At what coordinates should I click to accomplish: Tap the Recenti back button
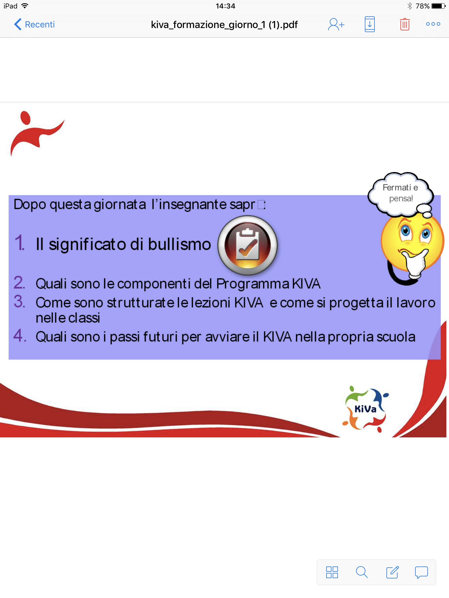tap(34, 24)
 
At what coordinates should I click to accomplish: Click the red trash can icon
tap(405, 25)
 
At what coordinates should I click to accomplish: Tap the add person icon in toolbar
tap(336, 25)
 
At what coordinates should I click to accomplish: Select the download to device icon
tap(369, 24)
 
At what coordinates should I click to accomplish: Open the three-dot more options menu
tap(433, 24)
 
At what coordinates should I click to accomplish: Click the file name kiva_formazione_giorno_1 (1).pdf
tap(224, 25)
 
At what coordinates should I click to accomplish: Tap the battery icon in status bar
tap(438, 6)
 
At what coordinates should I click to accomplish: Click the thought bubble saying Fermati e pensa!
tap(400, 194)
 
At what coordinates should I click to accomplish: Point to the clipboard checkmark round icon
tap(248, 245)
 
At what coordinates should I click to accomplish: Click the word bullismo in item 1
tap(179, 244)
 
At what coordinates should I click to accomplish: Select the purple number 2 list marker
tap(19, 283)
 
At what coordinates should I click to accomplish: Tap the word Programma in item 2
tap(253, 284)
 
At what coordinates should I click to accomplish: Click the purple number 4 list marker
tap(20, 335)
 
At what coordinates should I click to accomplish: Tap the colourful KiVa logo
tap(365, 409)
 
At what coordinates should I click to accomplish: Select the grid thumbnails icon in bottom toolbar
tap(332, 572)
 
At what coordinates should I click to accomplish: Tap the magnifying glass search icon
tap(362, 572)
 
